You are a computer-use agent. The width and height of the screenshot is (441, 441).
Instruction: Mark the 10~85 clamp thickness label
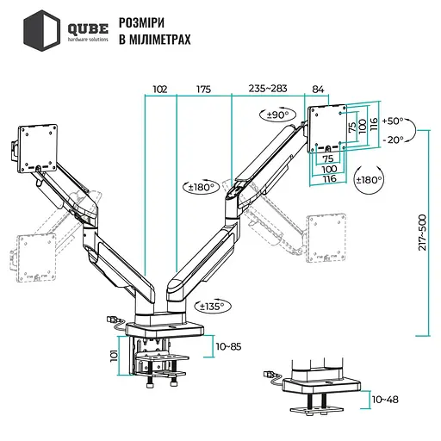pyautogui.click(x=230, y=346)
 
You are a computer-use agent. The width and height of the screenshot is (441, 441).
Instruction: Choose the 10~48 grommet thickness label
pyautogui.click(x=387, y=400)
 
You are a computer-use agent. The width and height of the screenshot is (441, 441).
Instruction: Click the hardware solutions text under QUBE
pyautogui.click(x=88, y=40)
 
